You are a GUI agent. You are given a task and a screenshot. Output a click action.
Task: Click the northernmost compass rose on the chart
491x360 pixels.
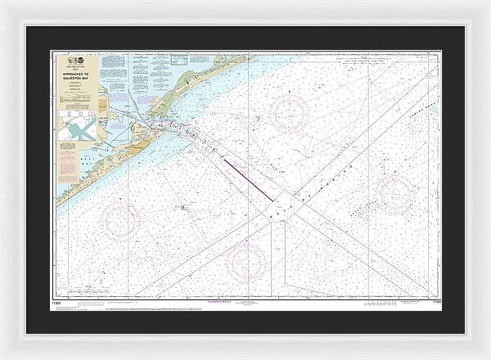pos(291,113)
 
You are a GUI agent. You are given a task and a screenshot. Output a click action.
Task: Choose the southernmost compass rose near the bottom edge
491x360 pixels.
pos(246,261)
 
